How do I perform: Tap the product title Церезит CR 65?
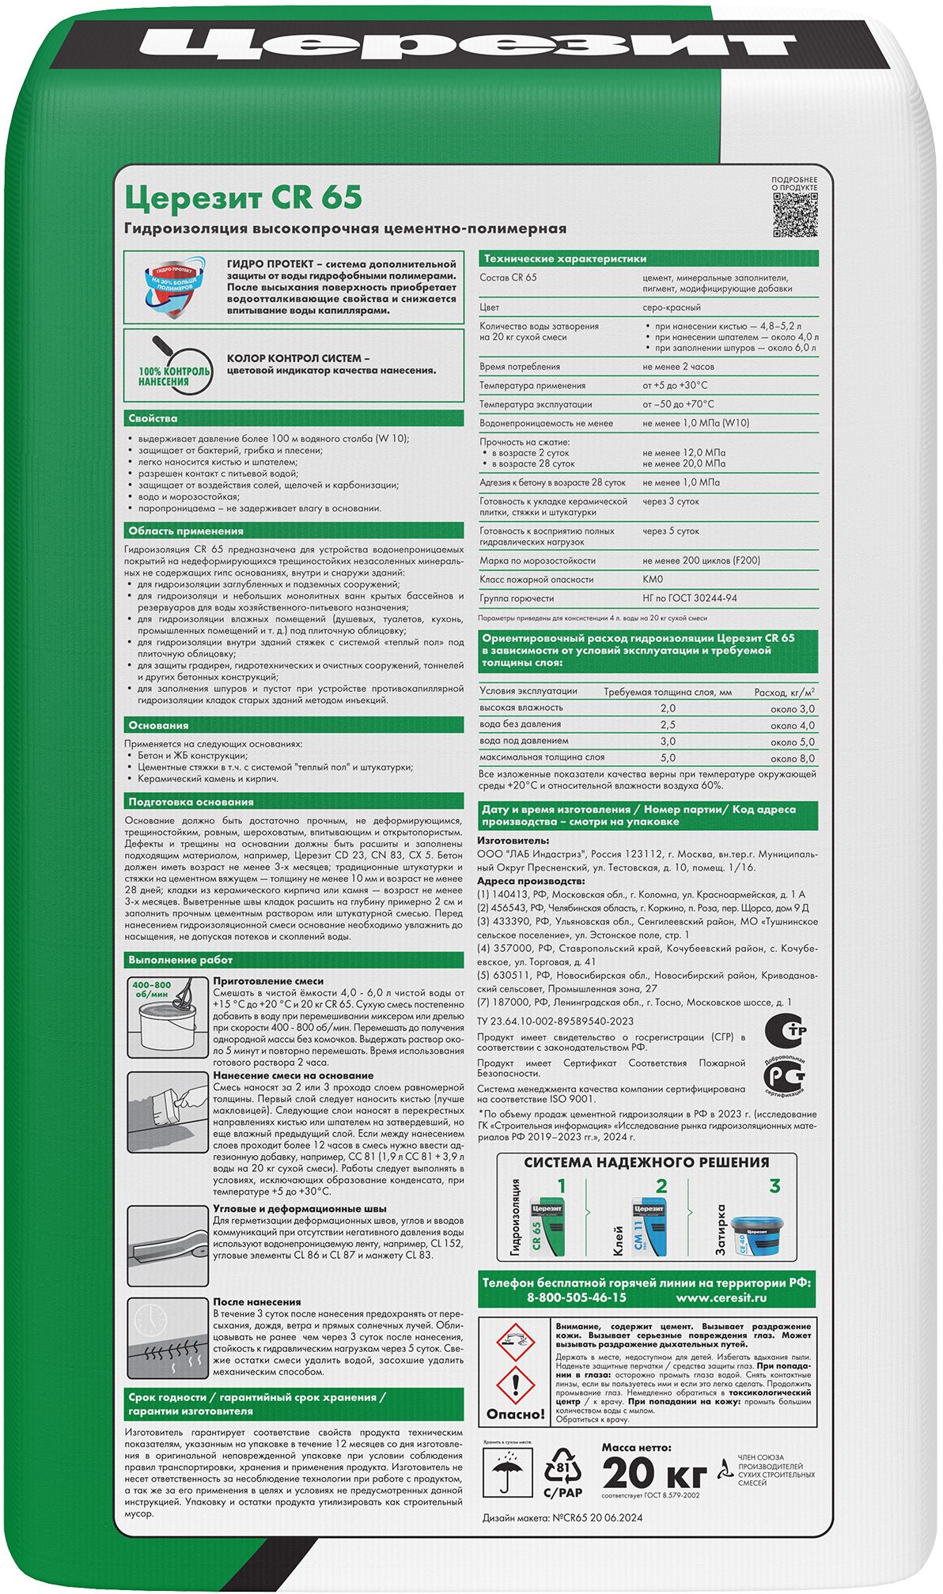[x=243, y=196]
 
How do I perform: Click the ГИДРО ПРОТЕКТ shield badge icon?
[x=172, y=289]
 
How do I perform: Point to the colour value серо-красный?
[x=672, y=308]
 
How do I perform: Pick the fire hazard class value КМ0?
[x=653, y=580]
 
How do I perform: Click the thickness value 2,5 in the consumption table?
[x=668, y=724]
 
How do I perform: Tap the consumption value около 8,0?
[x=792, y=758]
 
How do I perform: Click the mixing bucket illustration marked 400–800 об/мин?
[x=166, y=1017]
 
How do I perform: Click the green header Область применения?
[x=187, y=531]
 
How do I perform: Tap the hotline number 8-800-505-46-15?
[x=576, y=1297]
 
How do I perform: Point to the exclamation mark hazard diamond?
[x=514, y=1386]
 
